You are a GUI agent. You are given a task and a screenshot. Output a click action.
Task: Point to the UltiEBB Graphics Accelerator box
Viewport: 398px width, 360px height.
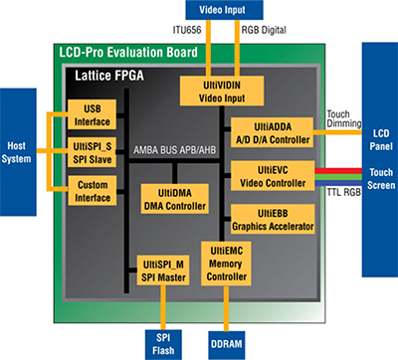272,221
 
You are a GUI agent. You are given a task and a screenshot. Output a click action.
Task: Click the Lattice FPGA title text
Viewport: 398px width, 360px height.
108,76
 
